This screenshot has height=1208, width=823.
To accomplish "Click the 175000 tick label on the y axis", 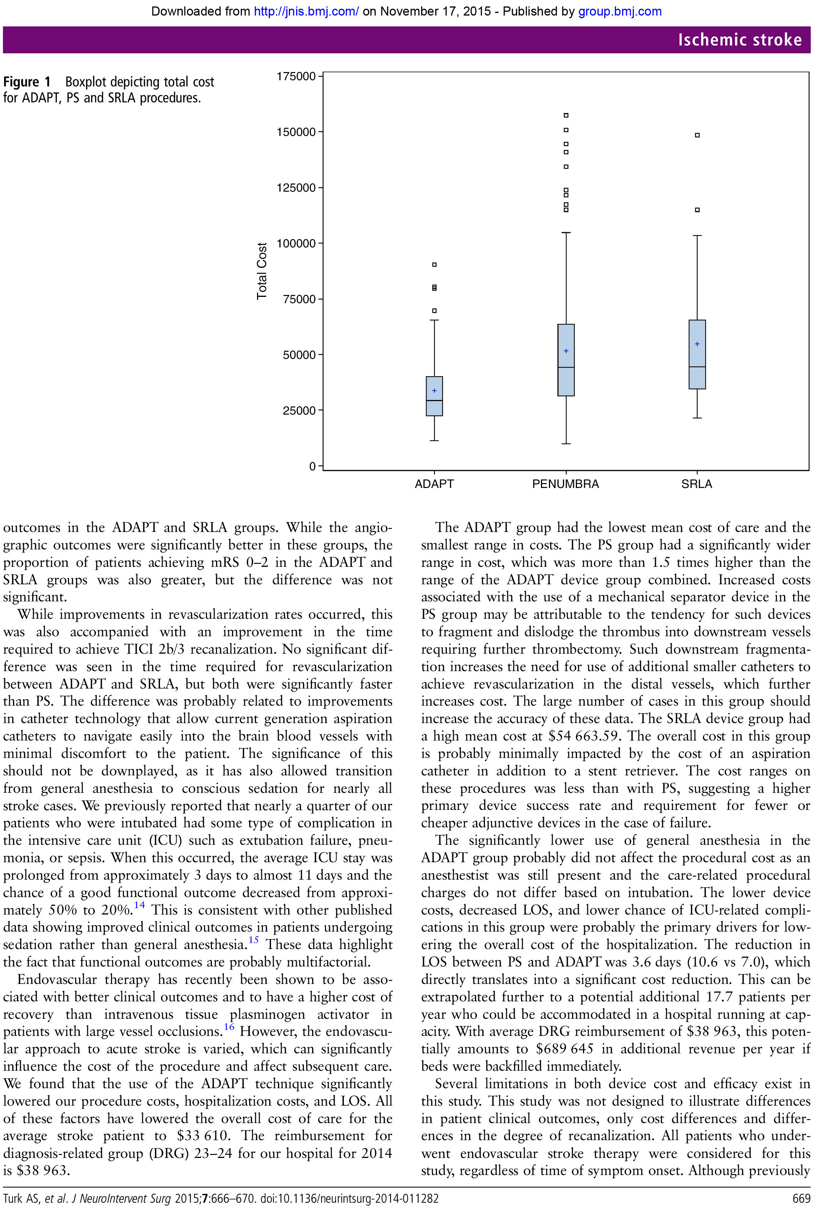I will pyautogui.click(x=296, y=77).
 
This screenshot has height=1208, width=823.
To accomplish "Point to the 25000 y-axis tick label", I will pyautogui.click(x=299, y=411).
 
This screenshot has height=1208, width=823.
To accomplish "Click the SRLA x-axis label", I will pyautogui.click(x=696, y=484).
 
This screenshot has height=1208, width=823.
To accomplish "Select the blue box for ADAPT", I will pyautogui.click(x=434, y=397).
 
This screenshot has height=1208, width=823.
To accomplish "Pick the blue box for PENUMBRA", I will pyautogui.click(x=566, y=360).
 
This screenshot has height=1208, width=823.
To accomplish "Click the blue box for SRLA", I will pyautogui.click(x=697, y=355).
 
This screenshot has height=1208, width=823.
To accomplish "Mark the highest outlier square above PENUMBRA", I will pyautogui.click(x=566, y=115).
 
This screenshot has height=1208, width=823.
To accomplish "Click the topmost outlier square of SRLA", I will pyautogui.click(x=697, y=135).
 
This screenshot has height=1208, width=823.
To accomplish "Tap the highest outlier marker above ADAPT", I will pyautogui.click(x=434, y=265).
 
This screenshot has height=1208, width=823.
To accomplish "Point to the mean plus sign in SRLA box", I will pyautogui.click(x=697, y=344).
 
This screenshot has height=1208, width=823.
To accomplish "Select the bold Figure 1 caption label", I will pyautogui.click(x=27, y=82).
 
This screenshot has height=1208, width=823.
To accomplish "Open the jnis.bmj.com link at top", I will pyautogui.click(x=306, y=11).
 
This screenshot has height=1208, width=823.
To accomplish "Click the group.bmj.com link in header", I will pyautogui.click(x=620, y=11).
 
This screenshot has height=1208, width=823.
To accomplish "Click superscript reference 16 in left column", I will pyautogui.click(x=229, y=1027).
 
